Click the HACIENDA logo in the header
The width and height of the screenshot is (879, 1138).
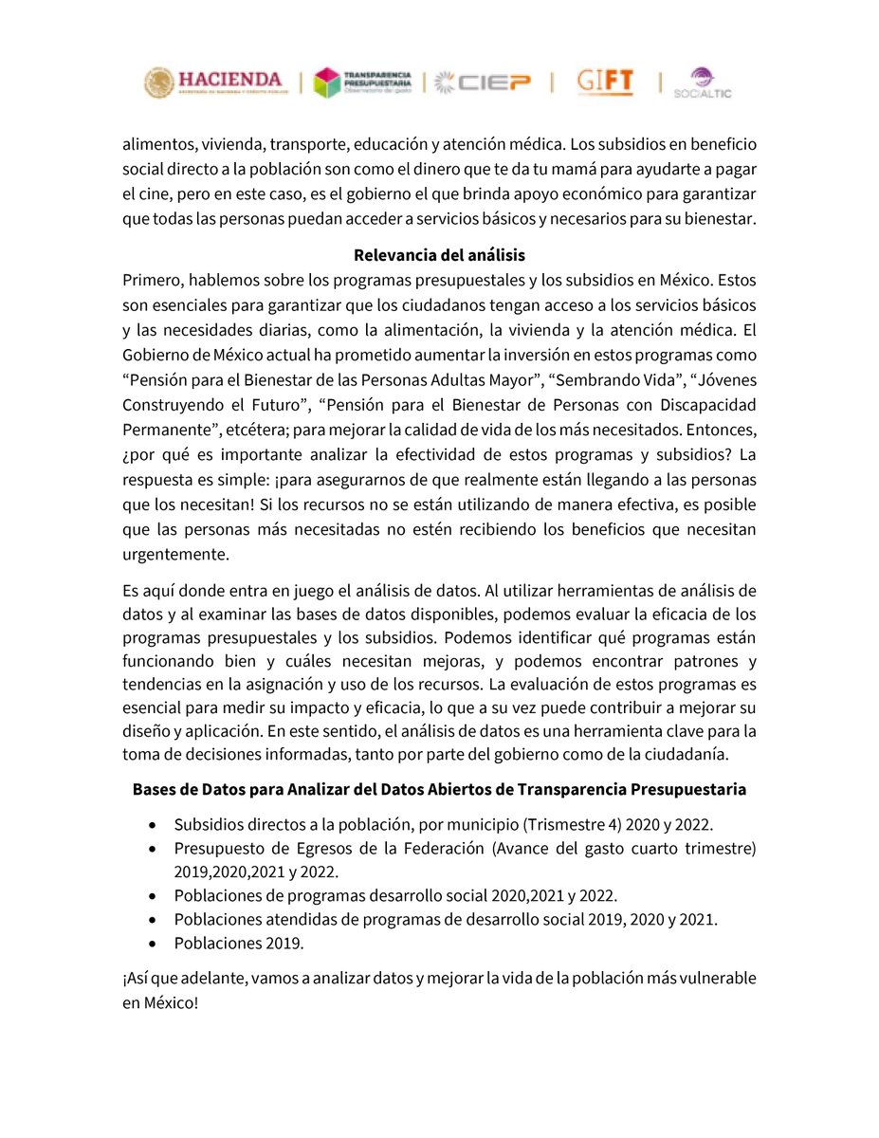point(213,83)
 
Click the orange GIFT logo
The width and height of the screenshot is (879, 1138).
point(605,83)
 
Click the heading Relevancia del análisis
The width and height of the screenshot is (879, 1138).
point(439,256)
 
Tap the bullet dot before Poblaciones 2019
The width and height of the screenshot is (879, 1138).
point(155,945)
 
